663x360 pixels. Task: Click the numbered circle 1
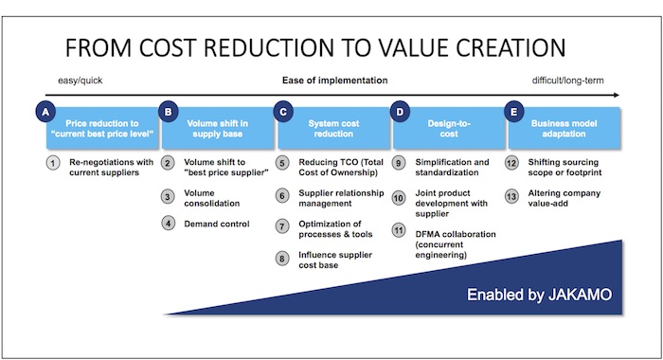coord(54,163)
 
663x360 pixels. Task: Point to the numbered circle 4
coord(167,224)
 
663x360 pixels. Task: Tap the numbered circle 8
coord(283,258)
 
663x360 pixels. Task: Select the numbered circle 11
coord(399,230)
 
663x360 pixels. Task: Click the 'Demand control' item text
coord(216,224)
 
